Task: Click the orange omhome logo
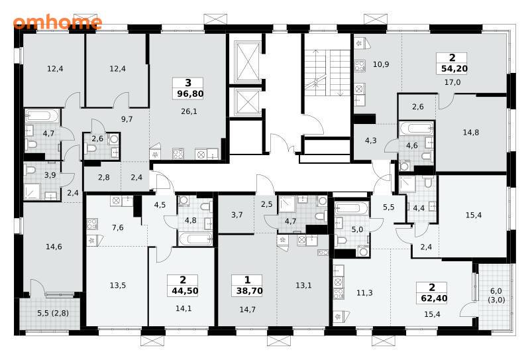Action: click(x=58, y=23)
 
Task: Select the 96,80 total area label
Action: click(x=190, y=93)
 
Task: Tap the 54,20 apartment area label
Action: click(x=454, y=69)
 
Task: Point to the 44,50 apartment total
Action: click(x=185, y=290)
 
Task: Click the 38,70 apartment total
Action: click(x=250, y=290)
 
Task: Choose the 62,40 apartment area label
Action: click(x=434, y=298)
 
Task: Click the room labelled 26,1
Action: click(x=189, y=111)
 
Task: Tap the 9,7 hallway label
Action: click(x=127, y=119)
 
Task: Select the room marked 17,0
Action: click(x=452, y=82)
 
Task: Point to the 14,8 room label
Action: click(x=471, y=133)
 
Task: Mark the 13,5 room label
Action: click(x=118, y=285)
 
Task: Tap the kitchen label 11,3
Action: click(x=364, y=292)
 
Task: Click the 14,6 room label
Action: click(x=54, y=247)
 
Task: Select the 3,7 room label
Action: click(x=237, y=215)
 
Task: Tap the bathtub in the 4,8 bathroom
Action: click(x=195, y=239)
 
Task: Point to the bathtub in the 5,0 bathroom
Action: click(x=352, y=208)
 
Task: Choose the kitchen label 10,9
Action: click(x=381, y=64)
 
